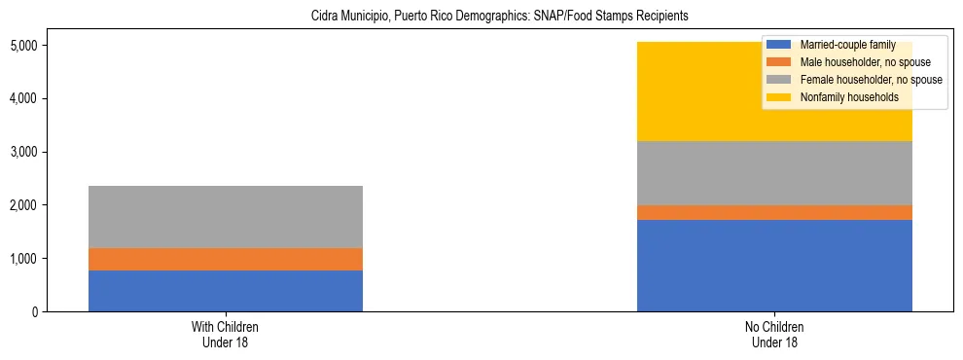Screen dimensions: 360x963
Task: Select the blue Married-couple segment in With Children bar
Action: pos(226,291)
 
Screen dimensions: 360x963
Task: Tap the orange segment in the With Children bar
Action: pos(226,259)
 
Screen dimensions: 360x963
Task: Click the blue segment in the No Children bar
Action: pos(774,266)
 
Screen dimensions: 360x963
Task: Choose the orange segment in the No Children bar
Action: pos(774,212)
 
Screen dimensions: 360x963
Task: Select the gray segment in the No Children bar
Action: pos(774,173)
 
